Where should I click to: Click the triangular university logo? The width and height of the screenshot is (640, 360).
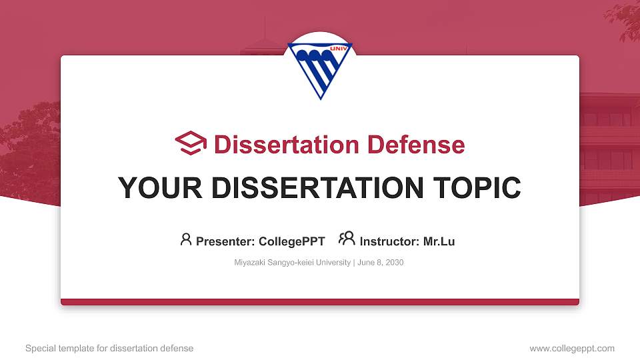coord(319,70)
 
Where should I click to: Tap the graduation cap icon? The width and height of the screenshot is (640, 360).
coord(191,143)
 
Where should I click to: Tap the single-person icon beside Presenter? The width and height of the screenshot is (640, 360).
coord(186,239)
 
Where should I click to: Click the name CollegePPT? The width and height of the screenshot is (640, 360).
coord(292,241)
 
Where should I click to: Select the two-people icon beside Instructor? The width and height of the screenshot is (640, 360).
coord(347,239)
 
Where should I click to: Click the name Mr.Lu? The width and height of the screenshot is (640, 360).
coord(439,241)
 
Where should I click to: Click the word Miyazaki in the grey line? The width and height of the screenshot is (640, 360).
coord(249,263)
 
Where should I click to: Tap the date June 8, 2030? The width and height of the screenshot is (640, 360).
coord(381,263)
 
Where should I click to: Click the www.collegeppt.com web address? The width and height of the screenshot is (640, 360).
coord(572,349)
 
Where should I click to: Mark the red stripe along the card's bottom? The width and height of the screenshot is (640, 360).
coord(320,302)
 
